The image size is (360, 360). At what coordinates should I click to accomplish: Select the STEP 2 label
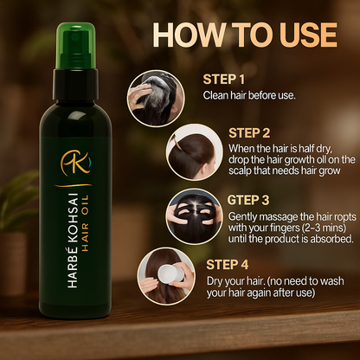coord(250,133)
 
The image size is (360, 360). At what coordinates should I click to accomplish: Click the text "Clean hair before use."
coord(248,94)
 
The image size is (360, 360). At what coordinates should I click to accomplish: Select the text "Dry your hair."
coord(231,256)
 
